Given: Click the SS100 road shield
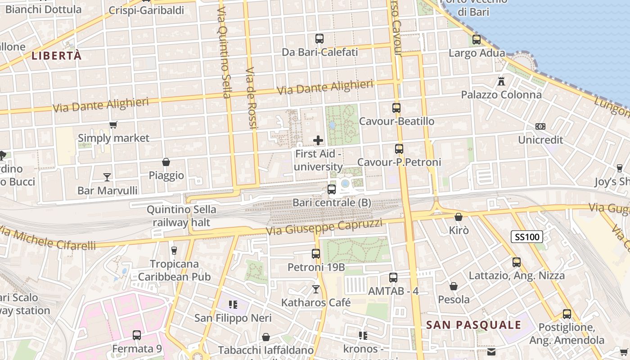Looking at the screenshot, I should pyautogui.click(x=527, y=236).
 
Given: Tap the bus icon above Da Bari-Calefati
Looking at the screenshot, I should pyautogui.click(x=319, y=39).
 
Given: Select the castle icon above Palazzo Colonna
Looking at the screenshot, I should pyautogui.click(x=501, y=81).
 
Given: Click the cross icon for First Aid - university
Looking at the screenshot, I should pyautogui.click(x=318, y=140).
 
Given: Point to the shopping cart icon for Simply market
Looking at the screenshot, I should pyautogui.click(x=113, y=125).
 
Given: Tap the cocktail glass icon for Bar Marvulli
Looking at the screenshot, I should pyautogui.click(x=107, y=177).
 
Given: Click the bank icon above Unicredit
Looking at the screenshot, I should pyautogui.click(x=540, y=126).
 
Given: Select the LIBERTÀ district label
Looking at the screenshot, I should pyautogui.click(x=57, y=56).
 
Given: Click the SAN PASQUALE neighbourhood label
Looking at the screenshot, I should pyautogui.click(x=473, y=325).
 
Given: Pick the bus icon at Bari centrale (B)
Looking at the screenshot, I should pyautogui.click(x=332, y=189).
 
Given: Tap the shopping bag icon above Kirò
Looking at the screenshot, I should pyautogui.click(x=459, y=217).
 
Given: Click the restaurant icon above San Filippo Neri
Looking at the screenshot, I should pyautogui.click(x=233, y=305).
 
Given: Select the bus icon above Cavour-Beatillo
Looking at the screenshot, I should pyautogui.click(x=396, y=108).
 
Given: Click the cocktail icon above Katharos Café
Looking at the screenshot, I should pyautogui.click(x=316, y=289).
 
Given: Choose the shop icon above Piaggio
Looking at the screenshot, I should pyautogui.click(x=166, y=162).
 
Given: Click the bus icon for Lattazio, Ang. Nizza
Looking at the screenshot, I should pyautogui.click(x=517, y=262).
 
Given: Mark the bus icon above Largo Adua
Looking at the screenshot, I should pyautogui.click(x=477, y=40).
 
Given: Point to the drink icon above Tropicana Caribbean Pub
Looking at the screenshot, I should pyautogui.click(x=174, y=250).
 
